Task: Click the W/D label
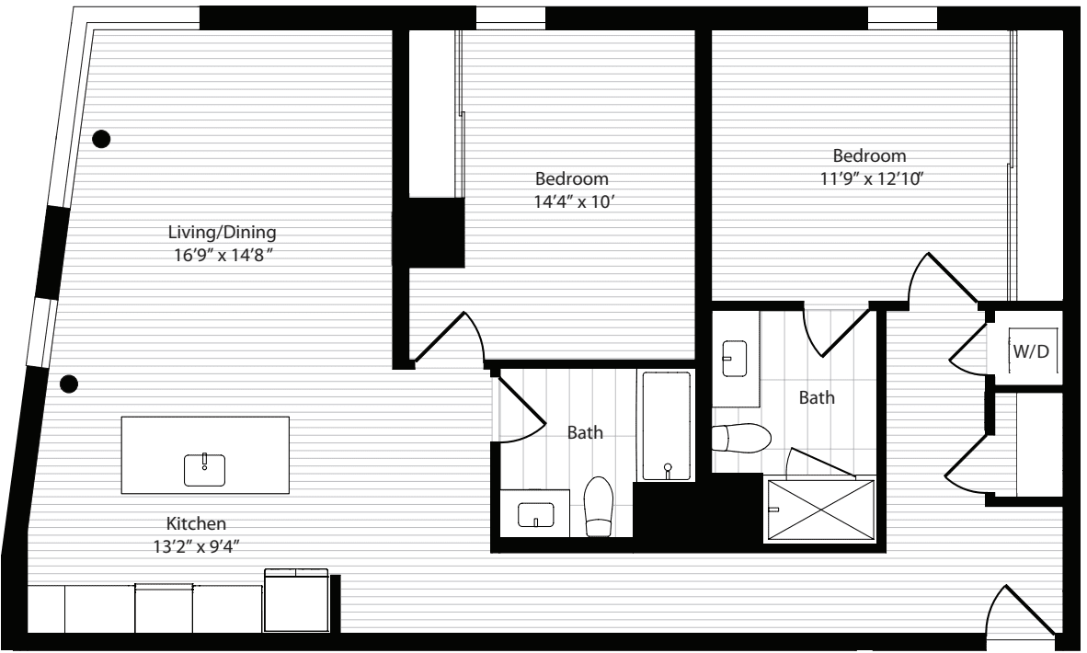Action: (1031, 351)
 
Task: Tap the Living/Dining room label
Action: (222, 232)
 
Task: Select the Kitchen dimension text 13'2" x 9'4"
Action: (196, 547)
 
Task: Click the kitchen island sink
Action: (204, 469)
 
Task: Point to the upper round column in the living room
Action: (101, 139)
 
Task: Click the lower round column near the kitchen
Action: (69, 384)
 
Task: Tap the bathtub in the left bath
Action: (666, 426)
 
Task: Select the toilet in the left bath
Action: (599, 507)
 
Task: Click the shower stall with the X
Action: (819, 510)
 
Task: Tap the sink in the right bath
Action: (734, 359)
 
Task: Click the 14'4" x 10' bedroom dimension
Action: (574, 202)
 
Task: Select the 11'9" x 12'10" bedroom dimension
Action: (871, 178)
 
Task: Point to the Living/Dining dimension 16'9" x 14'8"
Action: (223, 255)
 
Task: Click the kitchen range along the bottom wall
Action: (296, 601)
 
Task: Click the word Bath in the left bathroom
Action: (585, 432)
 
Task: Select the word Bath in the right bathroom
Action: (817, 398)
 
